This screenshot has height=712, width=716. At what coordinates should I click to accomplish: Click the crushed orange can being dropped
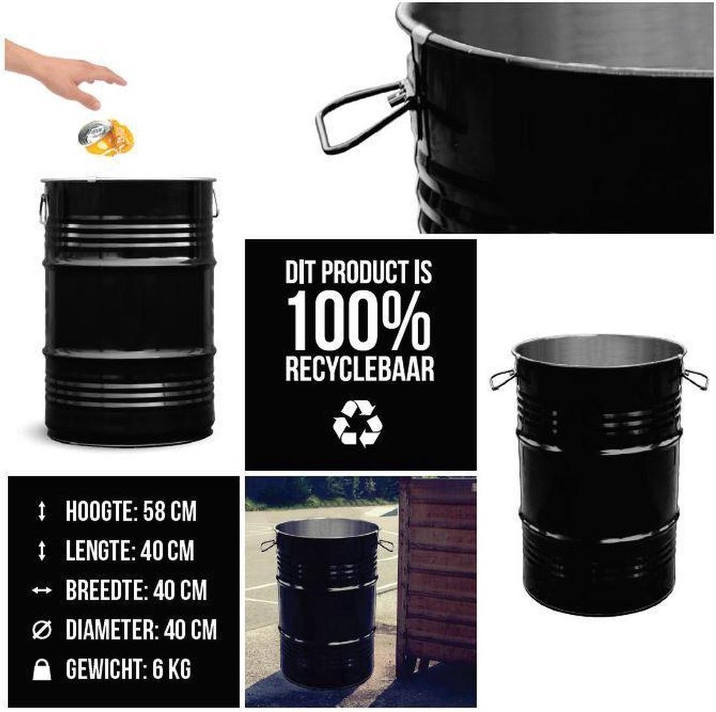pos(106,137)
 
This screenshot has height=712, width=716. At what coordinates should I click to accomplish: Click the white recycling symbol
pos(357,424)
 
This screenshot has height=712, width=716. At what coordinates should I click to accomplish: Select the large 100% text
pos(359,320)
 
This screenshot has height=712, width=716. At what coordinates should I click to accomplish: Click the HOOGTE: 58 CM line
pos(131,511)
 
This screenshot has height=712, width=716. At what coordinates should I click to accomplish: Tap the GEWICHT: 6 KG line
pos(128,669)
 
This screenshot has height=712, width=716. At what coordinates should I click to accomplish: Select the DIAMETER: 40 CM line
pos(141,630)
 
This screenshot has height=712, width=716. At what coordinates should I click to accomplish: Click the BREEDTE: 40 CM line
pos(137,590)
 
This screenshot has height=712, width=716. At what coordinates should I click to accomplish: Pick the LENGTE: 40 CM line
pos(130,551)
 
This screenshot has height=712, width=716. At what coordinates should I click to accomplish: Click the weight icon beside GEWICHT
pos(42,670)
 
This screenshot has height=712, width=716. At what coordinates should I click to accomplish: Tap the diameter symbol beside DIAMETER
pos(42,630)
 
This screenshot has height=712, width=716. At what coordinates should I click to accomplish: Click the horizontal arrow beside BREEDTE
pos(42,590)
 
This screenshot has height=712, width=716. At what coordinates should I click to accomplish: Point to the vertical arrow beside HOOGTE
pos(42,511)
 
